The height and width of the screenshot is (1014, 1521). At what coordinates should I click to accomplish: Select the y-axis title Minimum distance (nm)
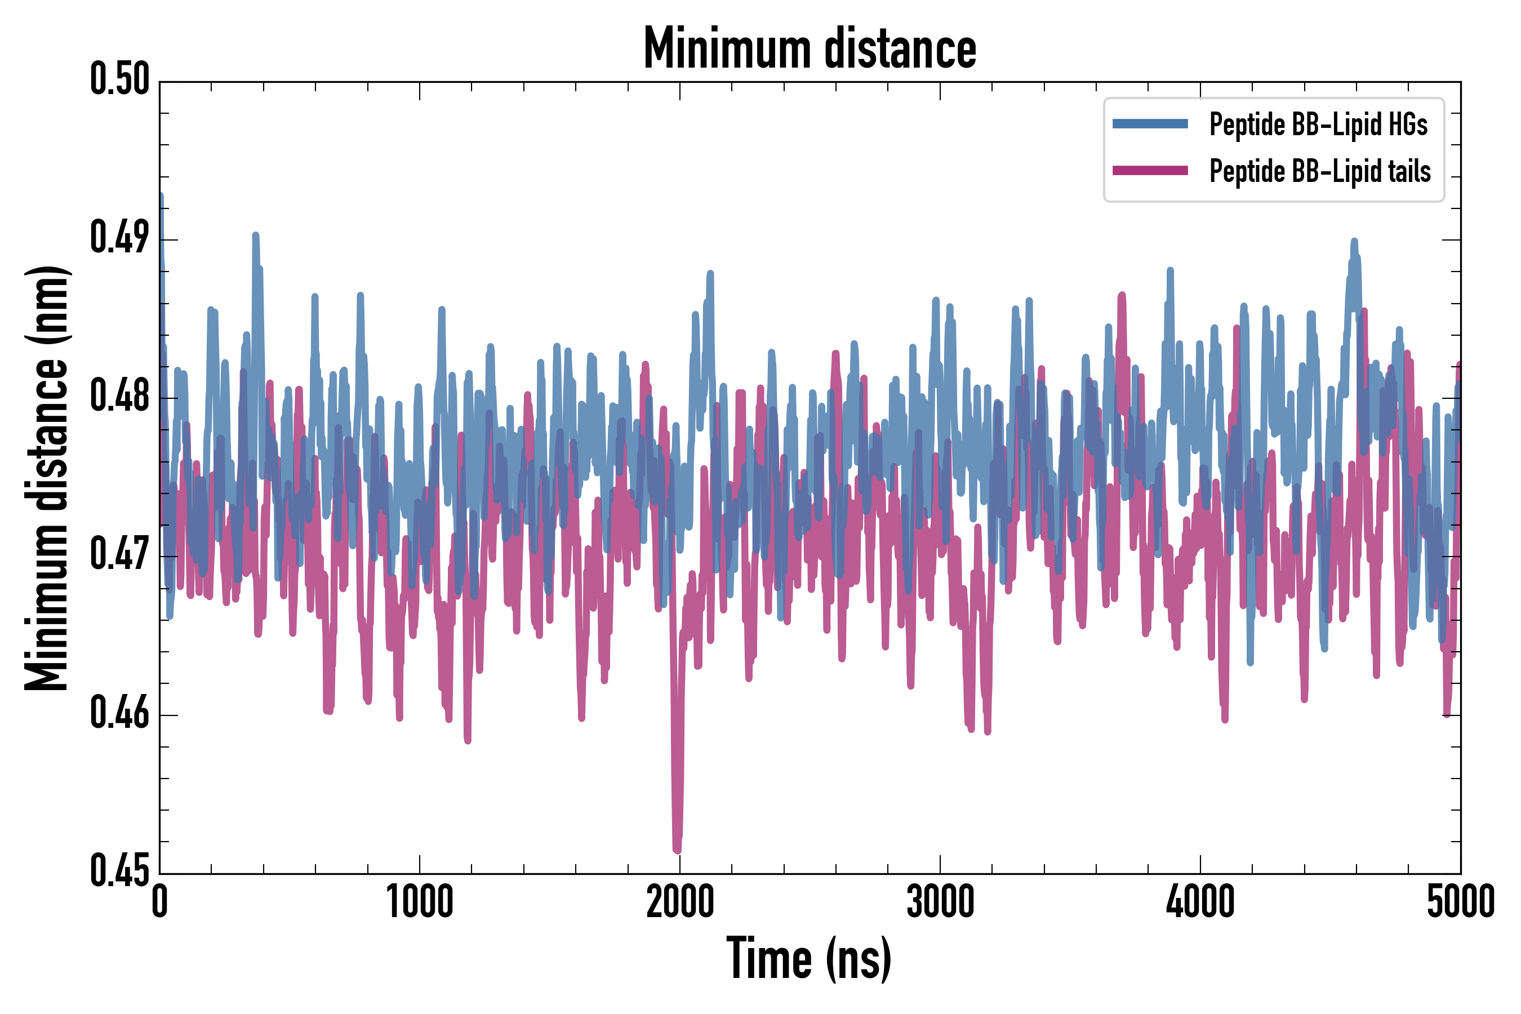pos(47,478)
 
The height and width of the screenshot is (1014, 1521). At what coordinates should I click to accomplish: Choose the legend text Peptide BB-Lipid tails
pos(1320,171)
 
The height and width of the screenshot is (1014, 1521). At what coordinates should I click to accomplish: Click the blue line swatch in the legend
pos(1150,124)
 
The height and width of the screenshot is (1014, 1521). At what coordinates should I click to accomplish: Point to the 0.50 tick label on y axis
pos(119,79)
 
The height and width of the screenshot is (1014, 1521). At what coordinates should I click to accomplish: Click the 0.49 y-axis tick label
pos(119,238)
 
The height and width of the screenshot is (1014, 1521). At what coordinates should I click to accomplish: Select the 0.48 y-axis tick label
pos(119,397)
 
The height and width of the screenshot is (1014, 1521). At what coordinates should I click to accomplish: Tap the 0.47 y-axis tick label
pos(119,555)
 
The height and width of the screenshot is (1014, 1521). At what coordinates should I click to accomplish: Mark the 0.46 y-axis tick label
pos(119,713)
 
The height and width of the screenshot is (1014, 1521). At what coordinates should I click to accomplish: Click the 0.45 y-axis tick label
pos(119,871)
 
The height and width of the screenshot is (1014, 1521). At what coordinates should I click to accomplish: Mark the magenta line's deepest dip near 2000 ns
pos(677,848)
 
